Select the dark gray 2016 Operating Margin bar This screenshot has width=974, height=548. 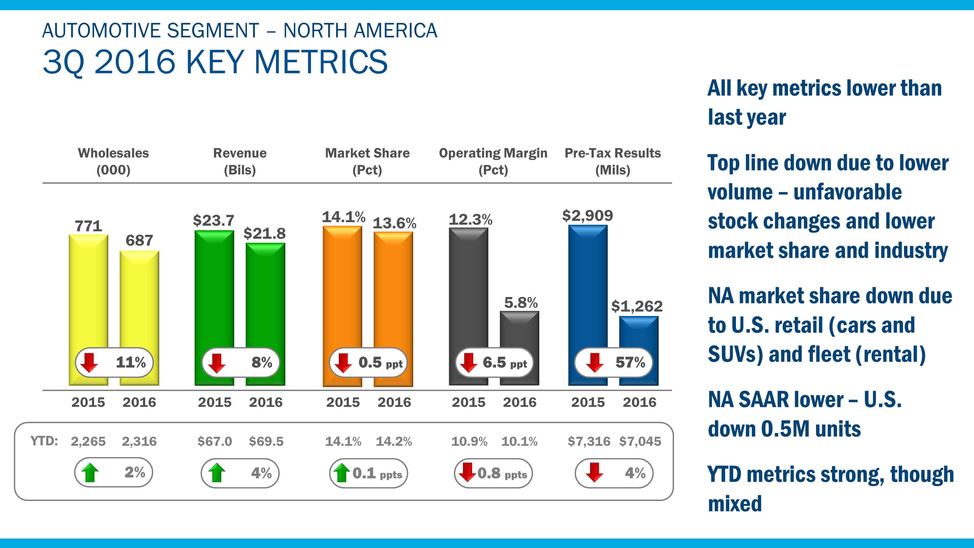click(519, 329)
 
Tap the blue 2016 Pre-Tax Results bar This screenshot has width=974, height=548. click(639, 333)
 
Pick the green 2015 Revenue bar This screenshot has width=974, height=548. click(214, 288)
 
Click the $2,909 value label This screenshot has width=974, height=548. click(587, 215)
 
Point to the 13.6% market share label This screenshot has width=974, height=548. click(394, 223)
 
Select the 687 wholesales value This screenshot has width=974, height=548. click(139, 241)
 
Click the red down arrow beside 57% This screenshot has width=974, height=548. click(595, 363)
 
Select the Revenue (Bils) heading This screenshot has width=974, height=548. click(240, 161)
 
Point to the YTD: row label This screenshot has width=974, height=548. click(44, 441)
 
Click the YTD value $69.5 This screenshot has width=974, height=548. click(266, 441)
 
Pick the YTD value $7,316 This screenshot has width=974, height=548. click(589, 441)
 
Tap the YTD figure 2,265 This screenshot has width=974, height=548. click(88, 441)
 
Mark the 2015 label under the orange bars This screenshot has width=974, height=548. click(343, 402)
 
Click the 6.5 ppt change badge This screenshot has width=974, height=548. click(493, 363)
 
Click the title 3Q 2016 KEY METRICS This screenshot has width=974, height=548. click(215, 62)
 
